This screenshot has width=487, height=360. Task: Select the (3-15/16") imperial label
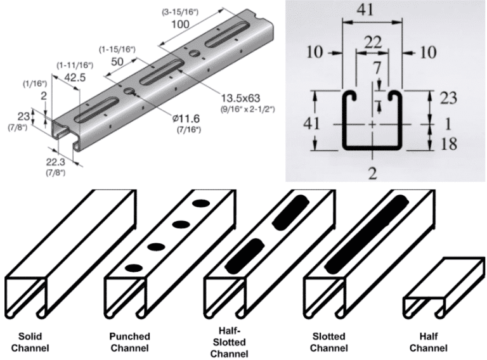tap(181, 11)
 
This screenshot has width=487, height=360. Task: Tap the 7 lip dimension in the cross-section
tap(378, 67)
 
